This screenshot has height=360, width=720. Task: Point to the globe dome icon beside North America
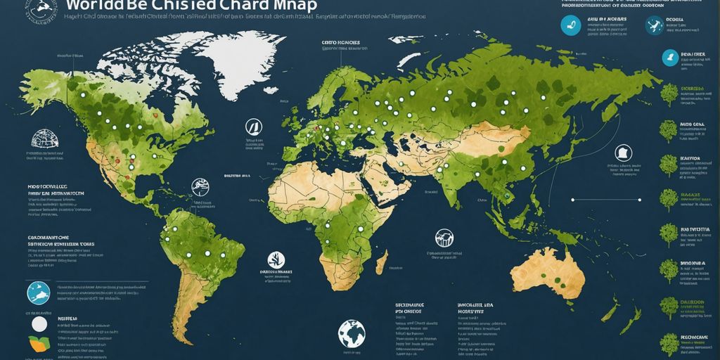tap(44, 138)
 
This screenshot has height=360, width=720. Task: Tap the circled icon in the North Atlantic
tap(253, 127)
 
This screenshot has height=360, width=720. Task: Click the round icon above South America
tap(200, 186)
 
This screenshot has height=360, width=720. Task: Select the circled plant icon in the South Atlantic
tap(276, 259)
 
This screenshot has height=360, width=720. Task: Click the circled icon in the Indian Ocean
tap(444, 237)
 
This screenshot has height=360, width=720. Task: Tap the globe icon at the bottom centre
tap(352, 333)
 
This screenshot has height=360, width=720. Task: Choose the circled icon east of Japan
tap(623, 153)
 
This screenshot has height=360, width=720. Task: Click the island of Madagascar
tap(382, 264)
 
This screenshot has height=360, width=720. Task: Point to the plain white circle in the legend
tap(39, 324)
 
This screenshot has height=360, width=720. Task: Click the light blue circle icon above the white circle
tap(38, 292)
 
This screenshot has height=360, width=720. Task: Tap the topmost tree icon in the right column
tap(669, 93)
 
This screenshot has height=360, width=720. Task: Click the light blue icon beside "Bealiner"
tap(669, 58)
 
